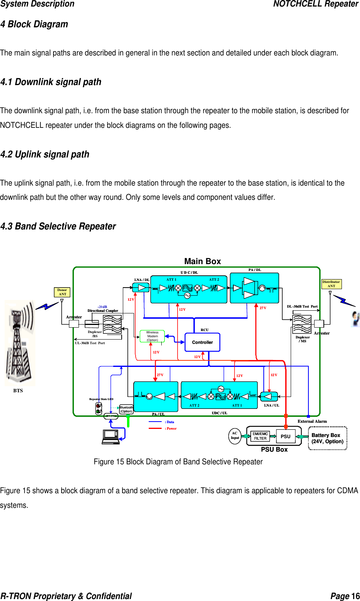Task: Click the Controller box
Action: [203, 342]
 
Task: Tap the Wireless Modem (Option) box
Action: [152, 336]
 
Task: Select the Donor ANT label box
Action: [62, 292]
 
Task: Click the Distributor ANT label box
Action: [331, 284]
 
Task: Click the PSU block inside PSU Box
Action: [285, 436]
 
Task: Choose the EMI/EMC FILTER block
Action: [260, 436]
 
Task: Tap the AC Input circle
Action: [235, 436]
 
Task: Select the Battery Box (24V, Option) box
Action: [328, 438]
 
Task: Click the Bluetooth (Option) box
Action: [126, 409]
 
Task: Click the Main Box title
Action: [203, 261]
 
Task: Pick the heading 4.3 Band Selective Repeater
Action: [58, 226]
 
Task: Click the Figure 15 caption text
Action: [178, 462]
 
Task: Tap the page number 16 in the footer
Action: [355, 596]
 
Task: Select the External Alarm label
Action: [312, 421]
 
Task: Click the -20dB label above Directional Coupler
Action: [102, 307]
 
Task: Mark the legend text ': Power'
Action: [171, 429]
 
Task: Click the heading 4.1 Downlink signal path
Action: [51, 82]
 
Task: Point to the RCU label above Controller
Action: [204, 330]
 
